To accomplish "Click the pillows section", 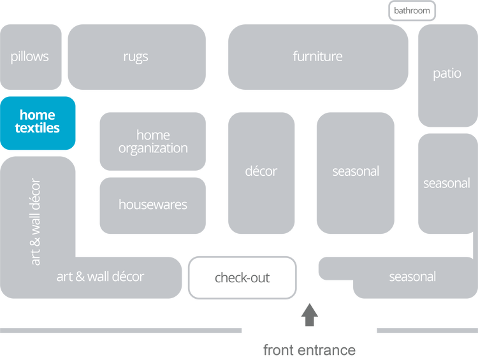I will (30, 57).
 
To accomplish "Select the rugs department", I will (136, 57).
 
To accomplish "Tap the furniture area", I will (317, 57).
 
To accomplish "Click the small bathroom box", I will (412, 11).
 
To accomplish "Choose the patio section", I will (447, 74).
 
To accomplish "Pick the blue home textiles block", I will (38, 122).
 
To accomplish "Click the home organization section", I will (153, 141).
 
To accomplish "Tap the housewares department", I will (153, 205).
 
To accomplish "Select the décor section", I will (261, 171).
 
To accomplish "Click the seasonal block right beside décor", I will (356, 171).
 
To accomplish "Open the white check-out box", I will (242, 278).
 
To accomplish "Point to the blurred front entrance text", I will (309, 350).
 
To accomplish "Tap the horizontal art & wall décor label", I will (100, 277).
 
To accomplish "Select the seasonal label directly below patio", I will (447, 184).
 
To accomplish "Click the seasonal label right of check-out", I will (412, 277).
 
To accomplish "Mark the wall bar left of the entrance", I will (121, 331).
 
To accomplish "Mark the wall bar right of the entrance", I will (426, 331).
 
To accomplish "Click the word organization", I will (153, 148).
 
